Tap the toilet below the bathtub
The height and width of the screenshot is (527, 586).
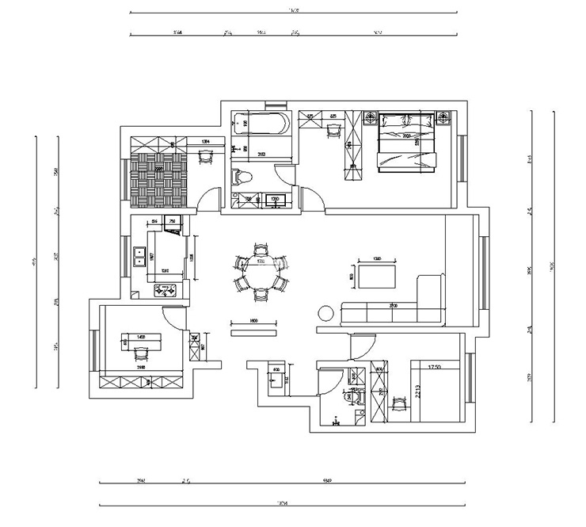click(242, 177)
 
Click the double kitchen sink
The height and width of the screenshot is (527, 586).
click(140, 255)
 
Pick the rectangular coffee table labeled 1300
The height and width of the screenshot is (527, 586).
click(377, 277)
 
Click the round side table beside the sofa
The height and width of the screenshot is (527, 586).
click(325, 312)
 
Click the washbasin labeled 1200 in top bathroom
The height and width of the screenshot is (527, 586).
click(274, 199)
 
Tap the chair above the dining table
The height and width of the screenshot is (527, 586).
click(260, 250)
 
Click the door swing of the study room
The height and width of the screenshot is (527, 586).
click(172, 316)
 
